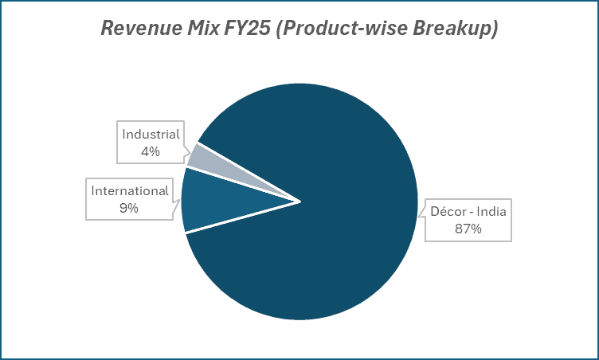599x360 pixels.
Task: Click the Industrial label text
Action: (151, 134)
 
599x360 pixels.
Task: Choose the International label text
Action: (130, 191)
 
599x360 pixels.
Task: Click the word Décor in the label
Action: (447, 213)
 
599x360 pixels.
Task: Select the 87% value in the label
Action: (468, 229)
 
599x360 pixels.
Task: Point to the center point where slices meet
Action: (300, 202)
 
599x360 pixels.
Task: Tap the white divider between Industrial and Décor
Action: (249, 172)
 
